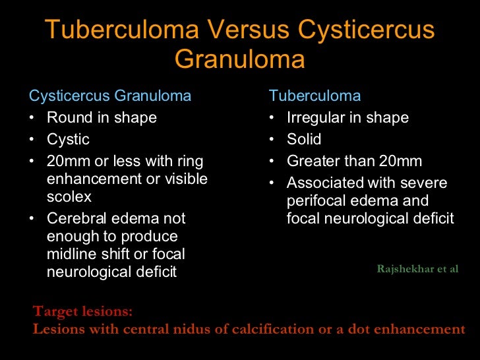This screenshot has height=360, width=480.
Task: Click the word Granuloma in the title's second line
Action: (x=239, y=59)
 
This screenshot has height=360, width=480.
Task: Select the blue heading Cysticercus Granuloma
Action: (x=110, y=96)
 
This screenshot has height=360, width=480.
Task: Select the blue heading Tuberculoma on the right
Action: (x=315, y=96)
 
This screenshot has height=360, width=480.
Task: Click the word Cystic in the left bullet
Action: (x=68, y=140)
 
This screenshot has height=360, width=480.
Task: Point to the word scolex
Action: (x=69, y=196)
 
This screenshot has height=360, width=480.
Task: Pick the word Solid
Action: (x=304, y=140)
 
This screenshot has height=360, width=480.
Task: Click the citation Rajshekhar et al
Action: (x=417, y=269)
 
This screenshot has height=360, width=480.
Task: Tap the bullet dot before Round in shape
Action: (x=33, y=118)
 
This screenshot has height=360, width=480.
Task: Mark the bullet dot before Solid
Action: (x=273, y=140)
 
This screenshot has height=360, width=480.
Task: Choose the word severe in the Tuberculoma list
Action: (x=425, y=183)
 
